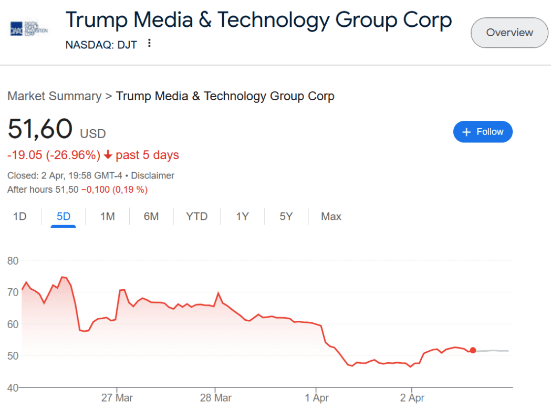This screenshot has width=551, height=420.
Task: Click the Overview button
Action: pyautogui.click(x=509, y=33)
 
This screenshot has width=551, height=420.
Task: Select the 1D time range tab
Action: pyautogui.click(x=19, y=216)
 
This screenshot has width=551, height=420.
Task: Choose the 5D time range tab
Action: pyautogui.click(x=64, y=216)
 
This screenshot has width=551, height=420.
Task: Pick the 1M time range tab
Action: pyautogui.click(x=107, y=216)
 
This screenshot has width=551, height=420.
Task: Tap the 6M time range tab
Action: pyautogui.click(x=151, y=216)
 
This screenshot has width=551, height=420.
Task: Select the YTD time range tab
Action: pyautogui.click(x=197, y=216)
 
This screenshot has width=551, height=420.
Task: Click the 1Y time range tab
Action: pyautogui.click(x=242, y=216)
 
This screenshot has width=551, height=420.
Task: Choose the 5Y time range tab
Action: pyautogui.click(x=286, y=216)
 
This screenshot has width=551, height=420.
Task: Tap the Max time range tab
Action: pyautogui.click(x=331, y=216)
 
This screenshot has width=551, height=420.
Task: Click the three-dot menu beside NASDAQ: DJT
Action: pyautogui.click(x=149, y=44)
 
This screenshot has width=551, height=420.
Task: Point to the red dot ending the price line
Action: pyautogui.click(x=473, y=350)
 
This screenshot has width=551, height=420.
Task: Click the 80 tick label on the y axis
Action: pyautogui.click(x=13, y=261)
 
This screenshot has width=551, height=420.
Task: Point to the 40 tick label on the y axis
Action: pyautogui.click(x=13, y=387)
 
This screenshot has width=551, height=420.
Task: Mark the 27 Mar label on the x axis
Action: pyautogui.click(x=117, y=398)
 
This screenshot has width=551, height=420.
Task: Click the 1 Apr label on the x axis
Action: pyautogui.click(x=317, y=398)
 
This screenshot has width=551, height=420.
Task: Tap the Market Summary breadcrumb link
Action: pyautogui.click(x=54, y=96)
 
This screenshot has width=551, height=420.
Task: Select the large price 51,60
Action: pyautogui.click(x=40, y=129)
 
